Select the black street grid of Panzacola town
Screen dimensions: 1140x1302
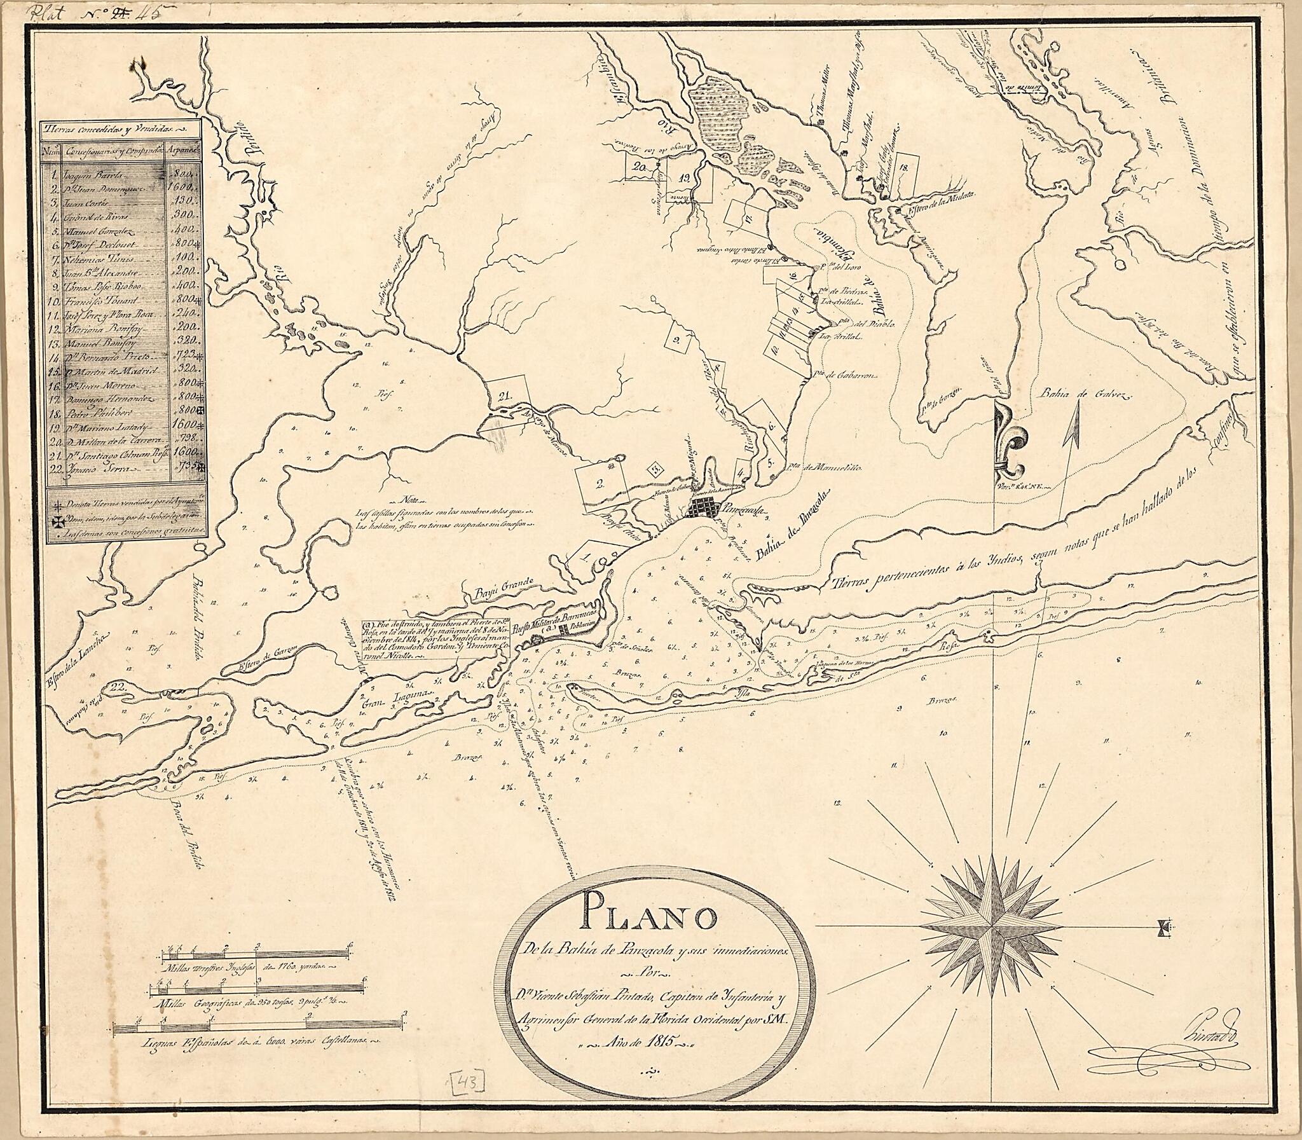(704, 508)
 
